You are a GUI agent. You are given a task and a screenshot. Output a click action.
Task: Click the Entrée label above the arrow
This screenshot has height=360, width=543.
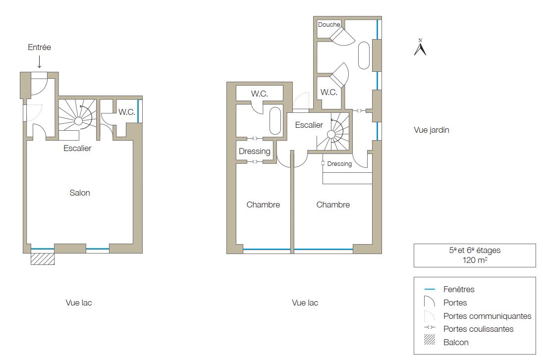point(40,47)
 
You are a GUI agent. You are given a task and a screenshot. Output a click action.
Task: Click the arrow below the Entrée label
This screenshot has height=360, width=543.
point(40,61)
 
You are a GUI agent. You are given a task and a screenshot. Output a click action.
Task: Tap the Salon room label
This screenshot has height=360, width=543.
point(80,193)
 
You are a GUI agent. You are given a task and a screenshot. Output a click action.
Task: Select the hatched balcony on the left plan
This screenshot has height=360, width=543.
point(43,259)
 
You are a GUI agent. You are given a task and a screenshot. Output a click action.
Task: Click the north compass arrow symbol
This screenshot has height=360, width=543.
point(420,48)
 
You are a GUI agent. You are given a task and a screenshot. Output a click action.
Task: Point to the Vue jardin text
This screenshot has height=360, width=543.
point(432,130)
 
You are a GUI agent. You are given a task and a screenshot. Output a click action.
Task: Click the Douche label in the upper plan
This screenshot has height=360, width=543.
point(329,25)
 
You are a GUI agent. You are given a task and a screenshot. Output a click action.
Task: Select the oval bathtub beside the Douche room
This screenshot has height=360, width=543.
point(364,55)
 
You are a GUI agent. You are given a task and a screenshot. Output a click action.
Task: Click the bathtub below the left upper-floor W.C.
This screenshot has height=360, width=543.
point(275,120)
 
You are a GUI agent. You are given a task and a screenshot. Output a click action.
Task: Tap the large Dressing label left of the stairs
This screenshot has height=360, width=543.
point(255,151)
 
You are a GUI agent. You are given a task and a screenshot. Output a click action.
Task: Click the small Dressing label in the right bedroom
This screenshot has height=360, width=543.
point(339,164)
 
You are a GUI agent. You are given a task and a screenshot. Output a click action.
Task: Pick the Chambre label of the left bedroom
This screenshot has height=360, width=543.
point(263,205)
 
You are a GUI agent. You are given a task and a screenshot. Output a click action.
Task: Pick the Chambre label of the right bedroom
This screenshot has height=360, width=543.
point(333,205)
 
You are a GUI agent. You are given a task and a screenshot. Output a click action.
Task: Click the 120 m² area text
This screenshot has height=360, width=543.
point(475,260)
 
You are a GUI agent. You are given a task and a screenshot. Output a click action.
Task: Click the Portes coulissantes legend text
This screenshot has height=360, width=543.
point(478,329)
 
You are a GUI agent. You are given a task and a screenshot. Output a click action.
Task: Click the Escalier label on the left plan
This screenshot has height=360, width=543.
point(78,148)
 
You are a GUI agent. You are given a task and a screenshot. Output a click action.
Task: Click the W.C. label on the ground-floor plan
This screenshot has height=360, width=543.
point(127,112)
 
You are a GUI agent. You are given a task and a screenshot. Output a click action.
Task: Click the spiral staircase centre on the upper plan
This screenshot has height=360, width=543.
point(331,135)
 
